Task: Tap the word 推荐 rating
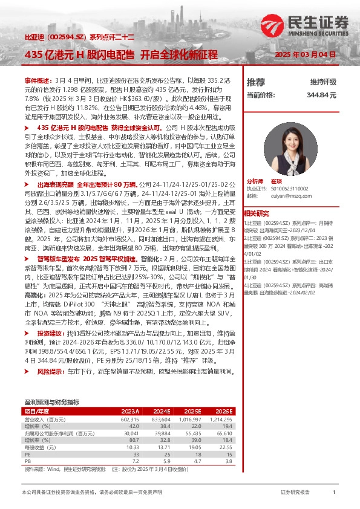tap(256, 82)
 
